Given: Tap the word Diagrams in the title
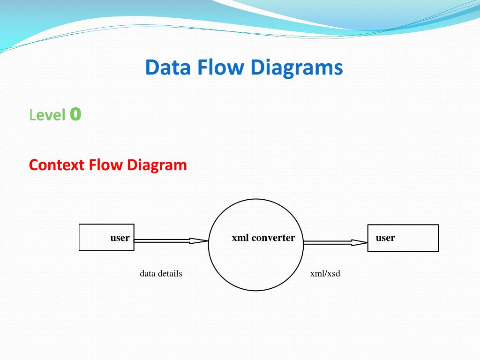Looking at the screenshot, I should pyautogui.click(x=296, y=67).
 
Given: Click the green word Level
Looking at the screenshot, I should pyautogui.click(x=47, y=115).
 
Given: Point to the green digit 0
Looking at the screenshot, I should pyautogui.click(x=75, y=114).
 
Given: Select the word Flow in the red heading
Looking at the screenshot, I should pyautogui.click(x=106, y=165).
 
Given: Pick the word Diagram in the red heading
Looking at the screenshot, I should pyautogui.click(x=157, y=165).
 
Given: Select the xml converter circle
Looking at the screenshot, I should pyautogui.click(x=256, y=262).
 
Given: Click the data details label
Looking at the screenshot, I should pyautogui.click(x=161, y=273).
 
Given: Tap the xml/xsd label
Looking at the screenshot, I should pyautogui.click(x=325, y=273).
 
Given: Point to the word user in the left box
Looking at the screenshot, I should pyautogui.click(x=120, y=238).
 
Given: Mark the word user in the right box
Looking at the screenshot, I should pyautogui.click(x=385, y=238).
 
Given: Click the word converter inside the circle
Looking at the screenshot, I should pyautogui.click(x=273, y=238).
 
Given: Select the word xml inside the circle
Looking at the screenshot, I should pyautogui.click(x=240, y=238).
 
